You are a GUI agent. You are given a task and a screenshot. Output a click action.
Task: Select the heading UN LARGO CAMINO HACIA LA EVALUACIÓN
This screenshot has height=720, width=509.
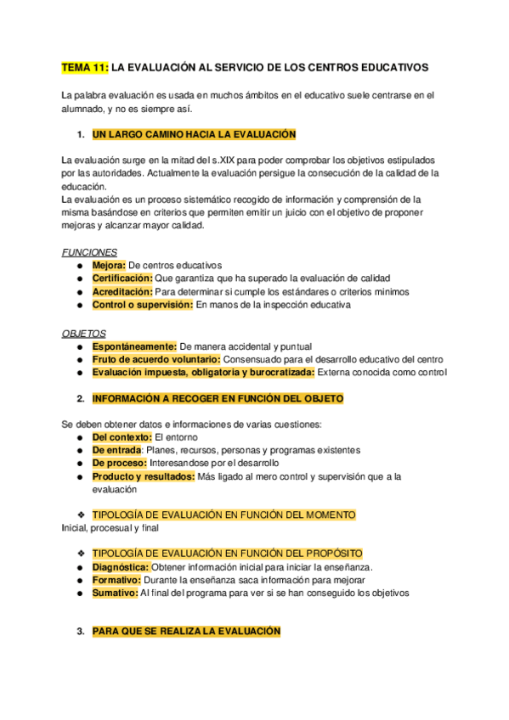click(194, 134)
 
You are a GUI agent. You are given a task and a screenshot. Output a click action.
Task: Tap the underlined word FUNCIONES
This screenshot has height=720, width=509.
click(90, 252)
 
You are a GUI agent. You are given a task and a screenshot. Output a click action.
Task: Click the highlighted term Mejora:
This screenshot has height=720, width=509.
click(109, 265)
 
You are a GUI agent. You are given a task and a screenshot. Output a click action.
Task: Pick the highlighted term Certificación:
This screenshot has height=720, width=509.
click(122, 278)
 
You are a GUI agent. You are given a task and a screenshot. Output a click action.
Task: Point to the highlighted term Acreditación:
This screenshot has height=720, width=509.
click(122, 291)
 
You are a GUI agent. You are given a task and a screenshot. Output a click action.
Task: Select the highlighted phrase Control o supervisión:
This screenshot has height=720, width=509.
click(143, 305)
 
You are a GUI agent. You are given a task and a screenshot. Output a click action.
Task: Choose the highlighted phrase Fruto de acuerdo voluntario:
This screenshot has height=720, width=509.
click(156, 358)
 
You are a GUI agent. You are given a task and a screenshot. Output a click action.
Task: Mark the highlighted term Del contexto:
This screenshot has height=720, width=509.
click(122, 436)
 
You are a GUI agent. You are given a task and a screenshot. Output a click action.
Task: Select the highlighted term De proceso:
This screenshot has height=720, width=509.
click(120, 463)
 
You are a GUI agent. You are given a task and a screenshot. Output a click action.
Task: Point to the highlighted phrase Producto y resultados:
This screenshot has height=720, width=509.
click(143, 476)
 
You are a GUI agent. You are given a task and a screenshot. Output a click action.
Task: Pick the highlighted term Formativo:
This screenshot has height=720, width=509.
click(116, 580)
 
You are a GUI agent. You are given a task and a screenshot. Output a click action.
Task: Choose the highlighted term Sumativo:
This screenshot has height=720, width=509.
click(115, 593)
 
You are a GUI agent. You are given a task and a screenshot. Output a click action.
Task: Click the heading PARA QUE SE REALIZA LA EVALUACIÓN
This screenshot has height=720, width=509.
click(186, 632)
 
